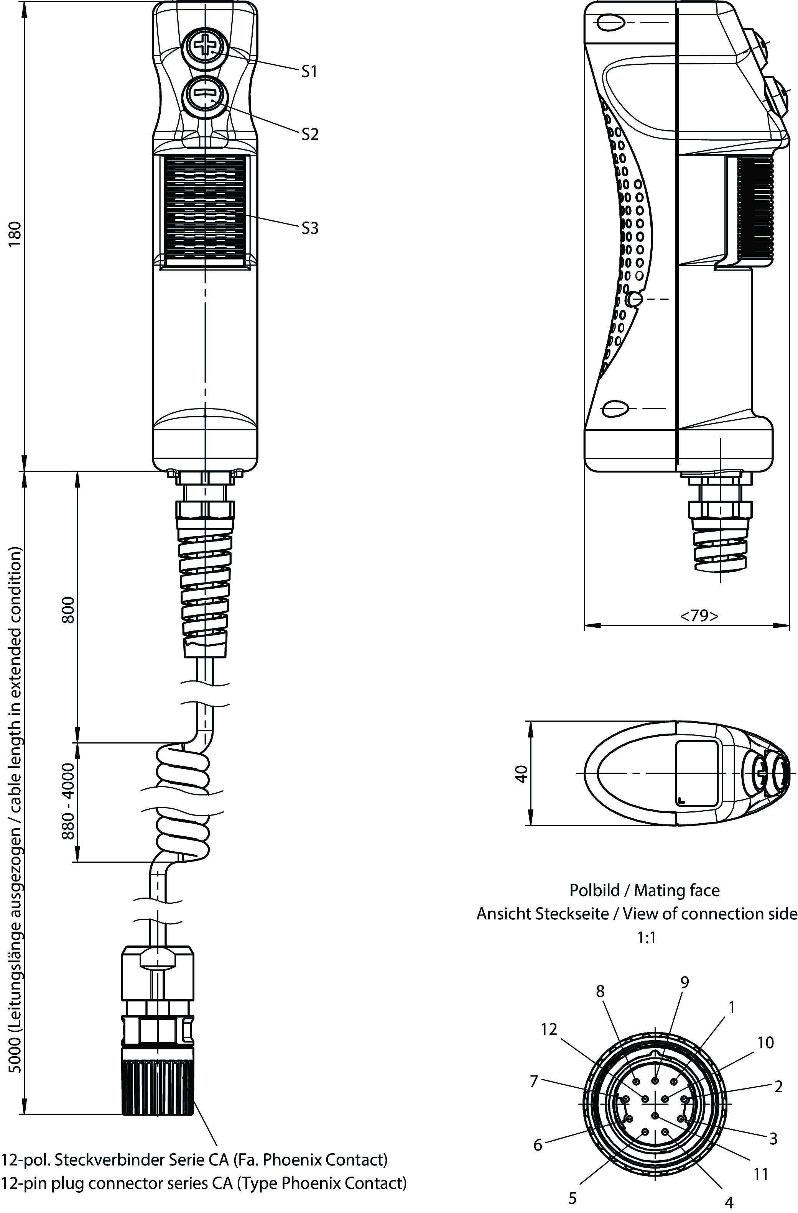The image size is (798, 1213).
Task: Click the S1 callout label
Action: (x=309, y=72)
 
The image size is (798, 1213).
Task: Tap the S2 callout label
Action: (x=309, y=134)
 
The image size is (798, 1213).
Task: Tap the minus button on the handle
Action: (x=205, y=95)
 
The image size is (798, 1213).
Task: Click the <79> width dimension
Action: (x=699, y=616)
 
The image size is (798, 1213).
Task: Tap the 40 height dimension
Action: (x=521, y=774)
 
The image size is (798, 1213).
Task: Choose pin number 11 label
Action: (x=761, y=1174)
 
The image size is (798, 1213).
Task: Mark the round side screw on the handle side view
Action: (x=634, y=299)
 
